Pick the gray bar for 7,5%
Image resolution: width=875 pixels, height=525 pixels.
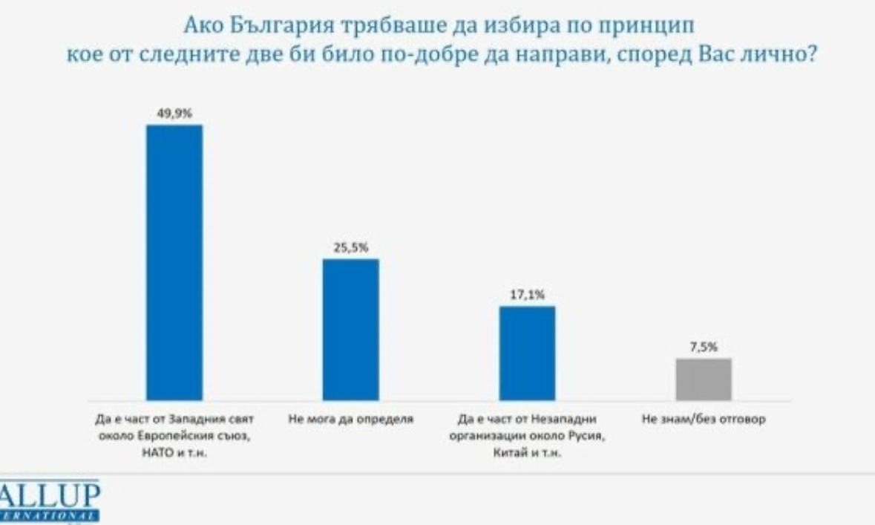coord(704,379)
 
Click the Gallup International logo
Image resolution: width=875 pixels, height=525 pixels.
coord(49,500)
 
